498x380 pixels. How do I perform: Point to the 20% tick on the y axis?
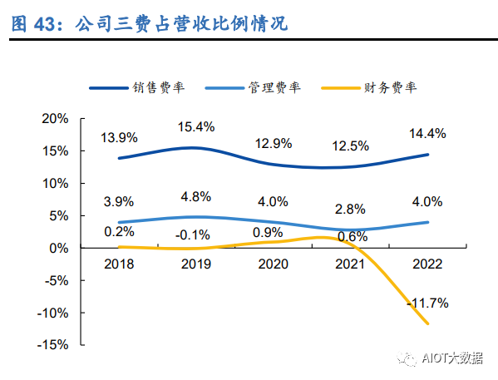pyautogui.click(x=55, y=118)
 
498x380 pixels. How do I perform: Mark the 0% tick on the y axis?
pyautogui.click(x=58, y=248)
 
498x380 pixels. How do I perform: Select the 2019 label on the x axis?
pyautogui.click(x=197, y=264)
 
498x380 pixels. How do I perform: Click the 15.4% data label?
pyautogui.click(x=197, y=126)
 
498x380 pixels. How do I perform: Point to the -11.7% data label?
pyautogui.click(x=427, y=304)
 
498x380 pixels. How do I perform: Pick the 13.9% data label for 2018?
pyautogui.click(x=120, y=136)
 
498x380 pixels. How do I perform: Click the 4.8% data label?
pyautogui.click(x=197, y=198)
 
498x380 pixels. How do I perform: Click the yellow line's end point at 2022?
pyautogui.click(x=428, y=323)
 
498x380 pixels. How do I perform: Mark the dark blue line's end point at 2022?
pyautogui.click(x=428, y=155)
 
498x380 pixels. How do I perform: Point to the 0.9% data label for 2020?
pyautogui.click(x=274, y=231)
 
